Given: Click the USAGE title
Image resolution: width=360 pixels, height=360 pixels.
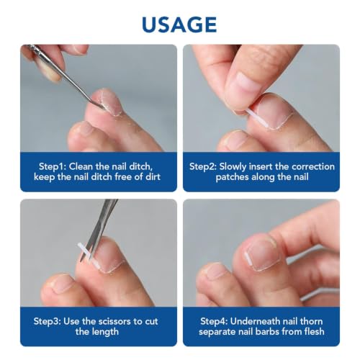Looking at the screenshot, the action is click(x=179, y=24).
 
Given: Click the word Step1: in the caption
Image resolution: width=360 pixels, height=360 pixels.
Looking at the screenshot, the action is click(x=53, y=166).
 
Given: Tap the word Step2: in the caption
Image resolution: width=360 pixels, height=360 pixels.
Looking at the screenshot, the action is click(x=203, y=166).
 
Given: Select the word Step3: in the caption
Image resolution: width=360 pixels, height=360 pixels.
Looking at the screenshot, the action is click(x=47, y=321).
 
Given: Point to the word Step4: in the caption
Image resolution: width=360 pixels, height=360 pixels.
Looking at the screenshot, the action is click(x=214, y=321).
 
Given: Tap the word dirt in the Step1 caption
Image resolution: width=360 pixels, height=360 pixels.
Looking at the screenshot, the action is click(x=153, y=177).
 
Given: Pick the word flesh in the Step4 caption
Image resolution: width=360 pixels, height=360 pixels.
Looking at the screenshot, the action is click(x=312, y=331).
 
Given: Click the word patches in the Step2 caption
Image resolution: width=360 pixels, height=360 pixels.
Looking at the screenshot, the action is click(x=232, y=177).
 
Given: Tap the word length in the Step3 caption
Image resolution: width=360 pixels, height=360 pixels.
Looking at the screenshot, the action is click(x=105, y=332).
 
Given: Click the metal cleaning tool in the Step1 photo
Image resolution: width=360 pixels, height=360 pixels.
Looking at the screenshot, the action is click(x=66, y=76).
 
